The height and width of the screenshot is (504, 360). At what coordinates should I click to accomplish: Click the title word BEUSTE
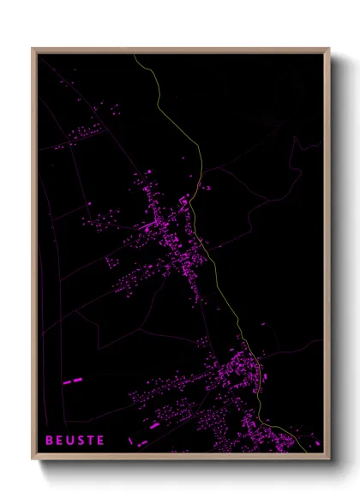point(75,440)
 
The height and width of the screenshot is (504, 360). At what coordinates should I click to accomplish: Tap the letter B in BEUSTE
point(49,440)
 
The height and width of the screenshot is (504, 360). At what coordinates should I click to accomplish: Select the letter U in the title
point(69,440)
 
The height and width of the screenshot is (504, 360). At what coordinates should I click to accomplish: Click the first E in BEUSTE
point(59,440)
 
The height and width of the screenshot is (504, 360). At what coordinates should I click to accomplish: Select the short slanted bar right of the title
point(155,425)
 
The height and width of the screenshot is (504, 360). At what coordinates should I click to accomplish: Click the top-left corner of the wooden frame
point(33,49)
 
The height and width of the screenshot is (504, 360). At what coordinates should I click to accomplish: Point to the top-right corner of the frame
point(330,49)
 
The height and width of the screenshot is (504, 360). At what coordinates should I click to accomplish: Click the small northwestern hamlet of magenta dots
point(81,135)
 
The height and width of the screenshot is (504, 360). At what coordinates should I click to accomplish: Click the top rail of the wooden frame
point(180,51)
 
